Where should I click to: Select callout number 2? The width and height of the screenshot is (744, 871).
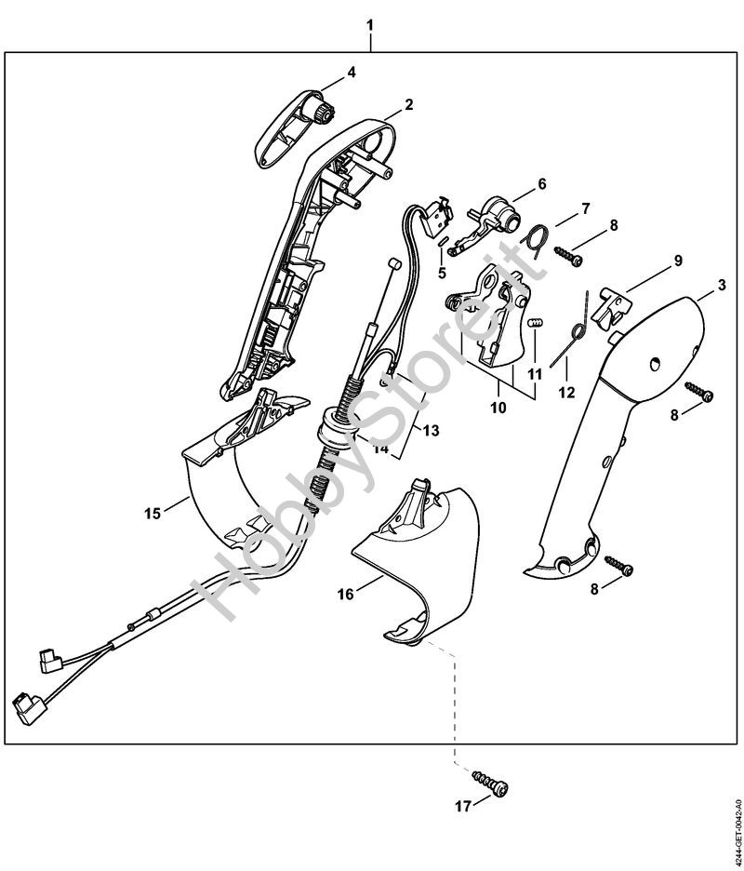point(408,105)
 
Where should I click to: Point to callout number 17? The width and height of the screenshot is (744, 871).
point(462,806)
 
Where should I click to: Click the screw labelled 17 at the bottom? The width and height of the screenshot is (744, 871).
point(491,784)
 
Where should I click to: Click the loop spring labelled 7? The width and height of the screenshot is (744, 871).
point(537,238)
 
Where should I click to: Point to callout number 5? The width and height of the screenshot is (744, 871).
point(442,273)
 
